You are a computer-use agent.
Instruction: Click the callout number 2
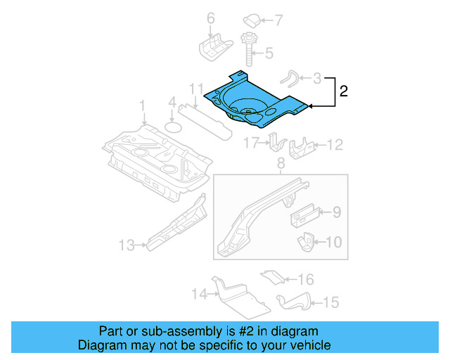tap(343, 91)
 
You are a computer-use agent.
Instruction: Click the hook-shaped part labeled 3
tap(290, 79)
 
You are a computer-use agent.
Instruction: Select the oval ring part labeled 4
tap(173, 127)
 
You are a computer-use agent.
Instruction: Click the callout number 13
tap(126, 245)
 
